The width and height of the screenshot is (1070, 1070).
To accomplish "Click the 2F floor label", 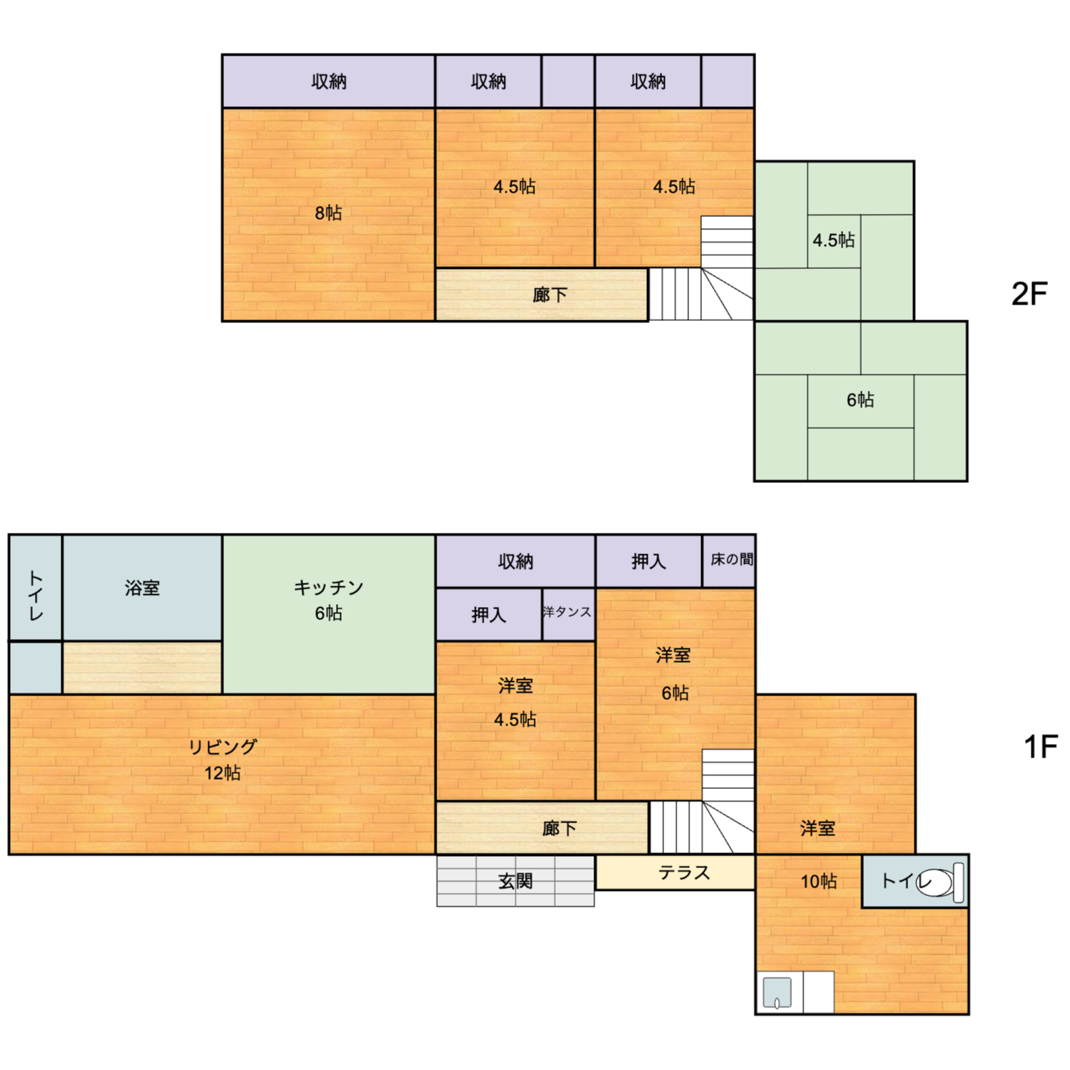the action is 1029,293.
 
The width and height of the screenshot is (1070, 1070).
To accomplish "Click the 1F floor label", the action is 1040,747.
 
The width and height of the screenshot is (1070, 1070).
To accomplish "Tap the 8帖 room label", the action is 328,213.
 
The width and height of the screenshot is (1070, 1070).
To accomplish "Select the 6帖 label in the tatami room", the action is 860,399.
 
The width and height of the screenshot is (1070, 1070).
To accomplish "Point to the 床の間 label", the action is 732,559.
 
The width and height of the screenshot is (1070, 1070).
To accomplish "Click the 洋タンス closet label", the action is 566,612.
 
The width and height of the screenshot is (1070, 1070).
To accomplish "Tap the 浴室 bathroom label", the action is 142,588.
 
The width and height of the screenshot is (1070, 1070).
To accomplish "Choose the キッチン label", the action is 329,587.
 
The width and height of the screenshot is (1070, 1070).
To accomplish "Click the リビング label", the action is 223,747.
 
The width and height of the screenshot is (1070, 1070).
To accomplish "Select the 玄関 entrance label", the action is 515,881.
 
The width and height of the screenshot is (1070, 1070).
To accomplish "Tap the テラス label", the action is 684,872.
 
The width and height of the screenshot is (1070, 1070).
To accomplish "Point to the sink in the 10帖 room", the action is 777,992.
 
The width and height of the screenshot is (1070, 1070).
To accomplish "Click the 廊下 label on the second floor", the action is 550,295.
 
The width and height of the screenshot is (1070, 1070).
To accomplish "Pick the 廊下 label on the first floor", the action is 559,828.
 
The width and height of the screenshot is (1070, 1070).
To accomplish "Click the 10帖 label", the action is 818,882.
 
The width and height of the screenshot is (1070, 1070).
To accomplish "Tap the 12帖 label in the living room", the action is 223,773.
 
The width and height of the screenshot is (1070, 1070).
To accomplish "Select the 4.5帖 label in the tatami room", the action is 833,240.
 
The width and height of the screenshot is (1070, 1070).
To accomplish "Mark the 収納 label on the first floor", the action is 515,561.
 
